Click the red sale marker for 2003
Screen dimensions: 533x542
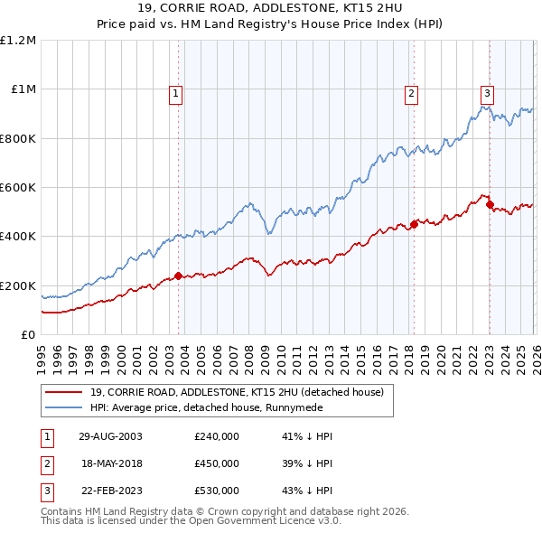[179, 276]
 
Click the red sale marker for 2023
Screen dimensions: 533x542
[490, 205]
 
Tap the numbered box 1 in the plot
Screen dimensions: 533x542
[175, 92]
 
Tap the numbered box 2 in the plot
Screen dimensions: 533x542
[411, 92]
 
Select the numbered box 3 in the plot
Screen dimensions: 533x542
[487, 92]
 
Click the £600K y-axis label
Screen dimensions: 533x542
[18, 188]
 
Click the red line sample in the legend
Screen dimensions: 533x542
[63, 392]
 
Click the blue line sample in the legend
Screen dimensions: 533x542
[63, 407]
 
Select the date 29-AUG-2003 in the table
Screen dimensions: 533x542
[111, 436]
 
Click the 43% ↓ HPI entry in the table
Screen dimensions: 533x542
[307, 491]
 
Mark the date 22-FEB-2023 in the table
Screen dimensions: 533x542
[111, 491]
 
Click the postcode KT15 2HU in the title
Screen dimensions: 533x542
[353, 10]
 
